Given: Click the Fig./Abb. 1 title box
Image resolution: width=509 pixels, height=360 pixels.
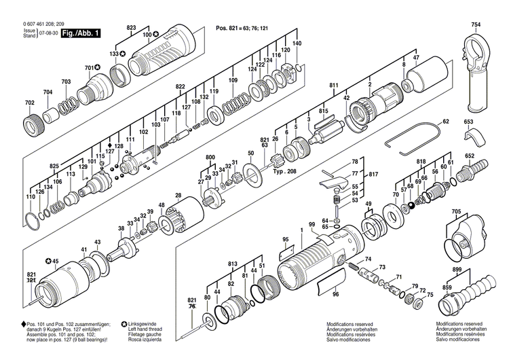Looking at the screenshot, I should (x=77, y=33).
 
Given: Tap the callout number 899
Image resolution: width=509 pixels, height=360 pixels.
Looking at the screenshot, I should (x=457, y=270).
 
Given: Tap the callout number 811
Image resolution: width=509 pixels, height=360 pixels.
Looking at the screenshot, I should (x=334, y=85).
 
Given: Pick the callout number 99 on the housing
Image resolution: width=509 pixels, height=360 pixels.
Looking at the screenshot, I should (x=312, y=225).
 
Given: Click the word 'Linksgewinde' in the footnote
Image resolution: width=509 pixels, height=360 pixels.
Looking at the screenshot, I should (x=144, y=325).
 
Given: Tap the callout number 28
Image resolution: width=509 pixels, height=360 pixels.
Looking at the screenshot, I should (x=178, y=195).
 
